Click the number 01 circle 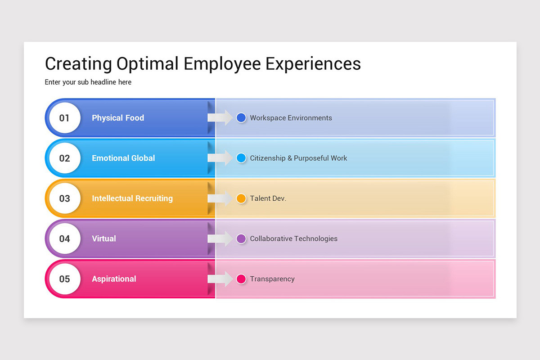[65, 117]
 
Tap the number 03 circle [65, 198]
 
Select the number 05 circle [65, 279]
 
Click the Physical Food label [118, 118]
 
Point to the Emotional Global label [123, 158]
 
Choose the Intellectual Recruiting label [132, 198]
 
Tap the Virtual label [104, 238]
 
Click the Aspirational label [114, 279]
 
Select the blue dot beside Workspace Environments [241, 117]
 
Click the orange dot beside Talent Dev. [241, 198]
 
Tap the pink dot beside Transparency [241, 279]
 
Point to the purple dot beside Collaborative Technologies [241, 238]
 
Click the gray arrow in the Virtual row [220, 238]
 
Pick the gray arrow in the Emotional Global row [220, 158]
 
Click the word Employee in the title [222, 64]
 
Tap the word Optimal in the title [148, 64]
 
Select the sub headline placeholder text [88, 82]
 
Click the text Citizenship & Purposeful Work [298, 158]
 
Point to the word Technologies [316, 238]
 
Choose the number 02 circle [65, 158]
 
